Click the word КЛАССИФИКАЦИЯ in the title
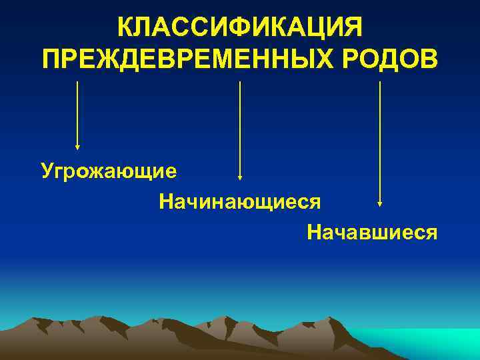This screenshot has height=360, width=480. click(240, 28)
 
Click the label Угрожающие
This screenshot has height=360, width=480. click(109, 171)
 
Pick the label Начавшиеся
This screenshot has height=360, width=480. click(372, 232)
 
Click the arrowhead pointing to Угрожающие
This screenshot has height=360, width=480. click(77, 147)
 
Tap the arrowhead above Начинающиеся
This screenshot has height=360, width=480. click(240, 178)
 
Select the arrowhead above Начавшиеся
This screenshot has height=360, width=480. click(379, 203)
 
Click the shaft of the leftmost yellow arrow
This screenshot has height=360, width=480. click(77, 113)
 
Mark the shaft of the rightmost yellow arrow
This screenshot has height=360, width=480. click(379, 140)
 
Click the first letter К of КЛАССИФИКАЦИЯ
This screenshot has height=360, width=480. click(125, 28)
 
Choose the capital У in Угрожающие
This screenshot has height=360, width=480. click(47, 171)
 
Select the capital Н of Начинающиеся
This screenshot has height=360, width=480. click(165, 200)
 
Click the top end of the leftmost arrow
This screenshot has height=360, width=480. click(77, 83)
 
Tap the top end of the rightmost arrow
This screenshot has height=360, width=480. click(379, 83)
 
